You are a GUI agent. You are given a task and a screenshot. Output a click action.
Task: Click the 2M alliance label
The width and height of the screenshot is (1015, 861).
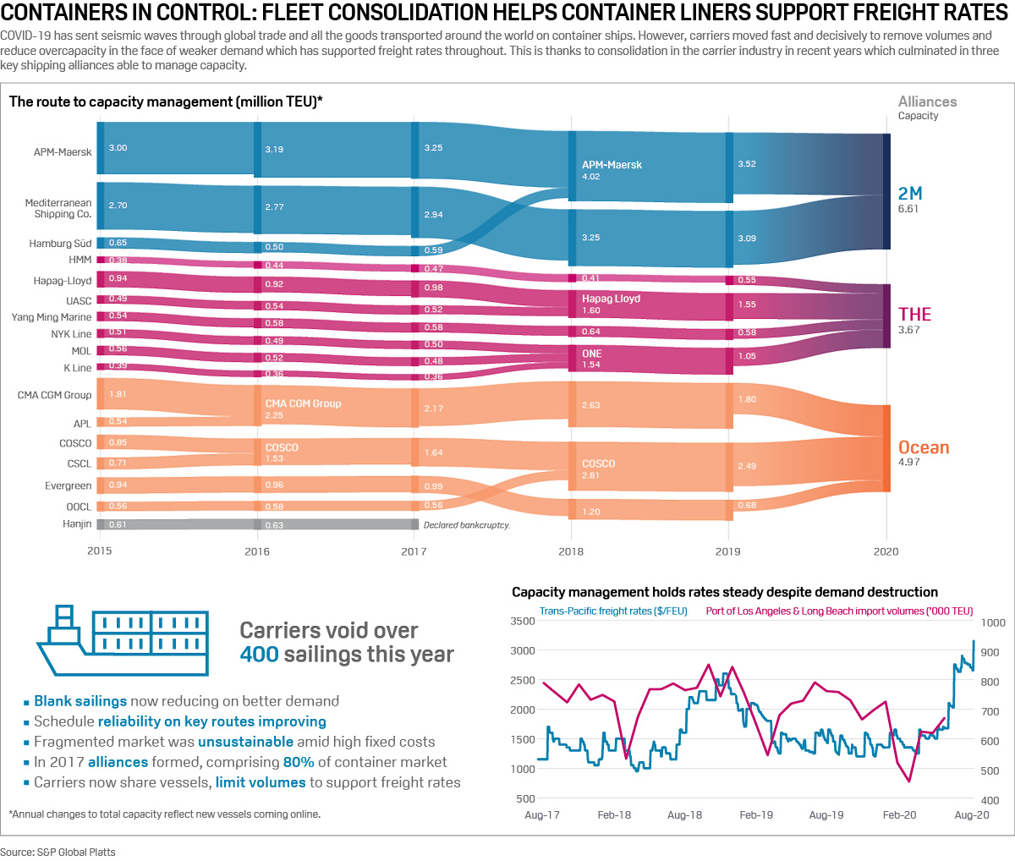coord(910,194)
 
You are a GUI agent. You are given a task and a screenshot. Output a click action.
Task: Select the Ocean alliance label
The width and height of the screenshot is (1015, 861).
coord(924,447)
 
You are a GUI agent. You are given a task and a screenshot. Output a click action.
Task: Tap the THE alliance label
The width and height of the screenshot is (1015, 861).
coord(914,315)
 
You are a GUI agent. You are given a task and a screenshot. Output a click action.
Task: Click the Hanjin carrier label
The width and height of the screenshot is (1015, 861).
coord(77,524)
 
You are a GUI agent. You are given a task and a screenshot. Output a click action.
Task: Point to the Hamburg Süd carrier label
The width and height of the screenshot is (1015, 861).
coord(60,244)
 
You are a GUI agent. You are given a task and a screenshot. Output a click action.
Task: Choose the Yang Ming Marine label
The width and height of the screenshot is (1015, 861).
coord(52,317)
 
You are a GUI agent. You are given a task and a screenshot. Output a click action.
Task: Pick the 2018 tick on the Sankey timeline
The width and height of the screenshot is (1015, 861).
coord(571,551)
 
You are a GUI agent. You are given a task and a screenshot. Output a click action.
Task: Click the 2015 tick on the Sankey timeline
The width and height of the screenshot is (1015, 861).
coord(100,551)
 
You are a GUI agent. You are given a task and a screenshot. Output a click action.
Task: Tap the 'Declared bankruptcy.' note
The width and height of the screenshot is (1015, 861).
coord(467,525)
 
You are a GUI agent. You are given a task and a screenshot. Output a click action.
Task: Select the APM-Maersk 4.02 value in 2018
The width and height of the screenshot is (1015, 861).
coord(591,177)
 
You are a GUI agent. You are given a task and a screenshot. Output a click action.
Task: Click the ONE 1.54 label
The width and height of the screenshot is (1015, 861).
coord(591,354)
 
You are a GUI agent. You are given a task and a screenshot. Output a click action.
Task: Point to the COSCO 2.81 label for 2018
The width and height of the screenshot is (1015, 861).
coord(598,464)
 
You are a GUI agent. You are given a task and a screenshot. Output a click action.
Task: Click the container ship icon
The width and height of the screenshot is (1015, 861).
coord(123,639)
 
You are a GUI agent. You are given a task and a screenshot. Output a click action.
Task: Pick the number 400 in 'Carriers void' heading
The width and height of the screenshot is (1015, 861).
coord(259,655)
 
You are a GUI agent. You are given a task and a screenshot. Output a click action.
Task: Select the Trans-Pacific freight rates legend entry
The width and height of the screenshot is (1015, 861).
coord(613,611)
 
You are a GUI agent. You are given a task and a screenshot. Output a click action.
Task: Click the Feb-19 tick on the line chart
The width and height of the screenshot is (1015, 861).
coord(756,815)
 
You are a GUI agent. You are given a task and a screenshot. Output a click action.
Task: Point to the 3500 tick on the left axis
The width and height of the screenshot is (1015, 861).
coord(523,622)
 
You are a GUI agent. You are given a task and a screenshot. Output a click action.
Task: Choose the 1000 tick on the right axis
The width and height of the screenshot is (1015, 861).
coord(993,623)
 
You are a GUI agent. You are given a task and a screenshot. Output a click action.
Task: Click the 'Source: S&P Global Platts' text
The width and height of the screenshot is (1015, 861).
coord(58,852)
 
